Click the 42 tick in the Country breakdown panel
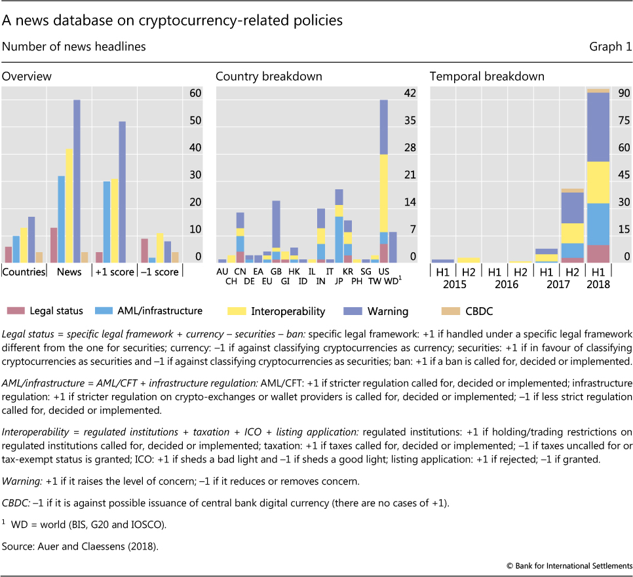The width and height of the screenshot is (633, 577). (410, 93)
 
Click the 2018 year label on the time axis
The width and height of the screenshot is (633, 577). (599, 285)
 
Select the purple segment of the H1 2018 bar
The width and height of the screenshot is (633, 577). (599, 127)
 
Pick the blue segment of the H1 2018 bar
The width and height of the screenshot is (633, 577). (599, 223)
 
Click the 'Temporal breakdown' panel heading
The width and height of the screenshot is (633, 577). (487, 76)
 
